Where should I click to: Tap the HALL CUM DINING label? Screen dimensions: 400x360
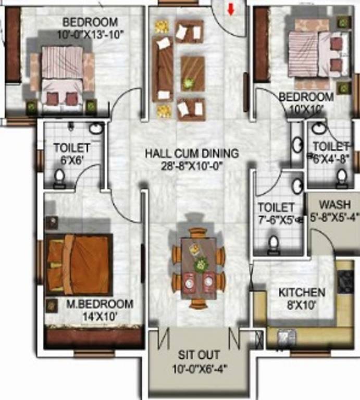tap(191, 154)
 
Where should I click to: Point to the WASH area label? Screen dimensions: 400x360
tap(334, 204)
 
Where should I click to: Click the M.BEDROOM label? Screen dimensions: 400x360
tap(99, 304)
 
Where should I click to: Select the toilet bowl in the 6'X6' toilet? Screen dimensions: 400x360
tap(59, 178)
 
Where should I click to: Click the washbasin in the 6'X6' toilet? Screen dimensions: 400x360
tap(96, 129)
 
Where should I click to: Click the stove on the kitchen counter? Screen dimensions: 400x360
tap(346, 282)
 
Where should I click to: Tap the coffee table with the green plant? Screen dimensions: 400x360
tap(192, 73)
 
